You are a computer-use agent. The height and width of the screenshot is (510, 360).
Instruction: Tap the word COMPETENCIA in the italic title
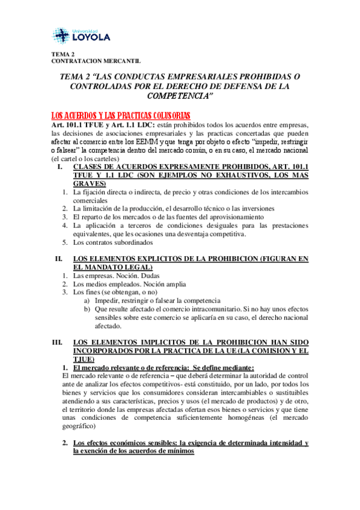tap(180, 96)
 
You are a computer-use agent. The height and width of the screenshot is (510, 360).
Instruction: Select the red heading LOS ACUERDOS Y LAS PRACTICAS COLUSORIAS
tap(121, 115)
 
